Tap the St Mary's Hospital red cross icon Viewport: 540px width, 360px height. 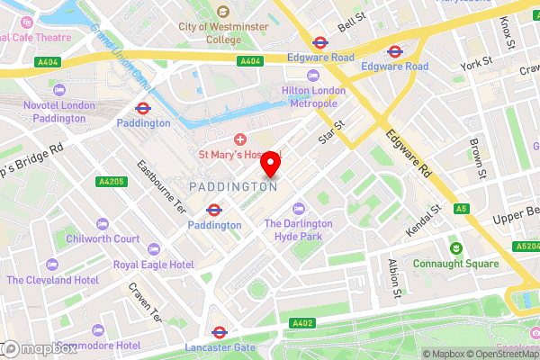coord(240,139)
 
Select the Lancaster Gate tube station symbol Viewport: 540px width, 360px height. coord(219,331)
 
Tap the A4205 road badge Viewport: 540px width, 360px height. coord(109,182)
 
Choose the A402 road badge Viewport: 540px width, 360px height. coord(302,322)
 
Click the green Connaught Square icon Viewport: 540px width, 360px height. coord(456,247)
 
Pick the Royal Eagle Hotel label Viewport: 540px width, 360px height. coord(153,265)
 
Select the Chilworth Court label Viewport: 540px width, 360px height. coord(103,238)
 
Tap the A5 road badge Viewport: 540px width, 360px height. coord(462,209)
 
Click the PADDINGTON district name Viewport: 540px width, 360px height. coord(233,185)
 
